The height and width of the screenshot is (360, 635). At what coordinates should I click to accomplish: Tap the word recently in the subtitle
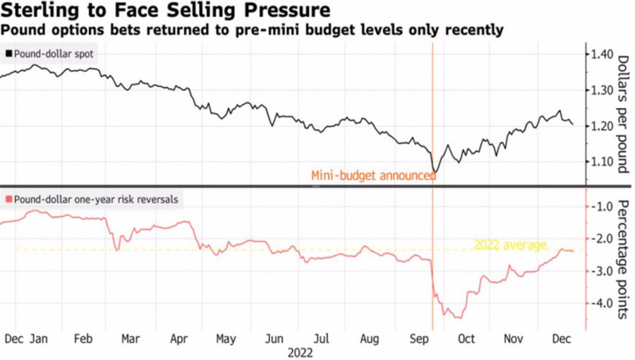point(473,30)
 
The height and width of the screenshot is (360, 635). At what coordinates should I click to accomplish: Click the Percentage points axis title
point(623,259)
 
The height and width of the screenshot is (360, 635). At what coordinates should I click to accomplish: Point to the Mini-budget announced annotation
point(373,176)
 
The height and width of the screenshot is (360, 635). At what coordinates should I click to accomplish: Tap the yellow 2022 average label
point(510,245)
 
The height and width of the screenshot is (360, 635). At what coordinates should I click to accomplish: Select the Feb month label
point(84,339)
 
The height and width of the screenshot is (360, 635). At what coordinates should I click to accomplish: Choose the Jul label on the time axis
point(321,339)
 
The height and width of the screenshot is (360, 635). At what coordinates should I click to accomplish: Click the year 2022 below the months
point(298,352)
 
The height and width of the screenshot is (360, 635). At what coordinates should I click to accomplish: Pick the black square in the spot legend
point(9,54)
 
